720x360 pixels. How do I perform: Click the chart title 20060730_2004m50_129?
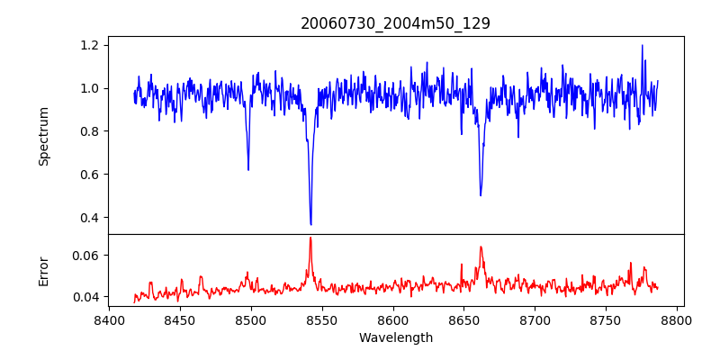coord(395,23)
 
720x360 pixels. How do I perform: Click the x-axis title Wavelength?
coord(395,338)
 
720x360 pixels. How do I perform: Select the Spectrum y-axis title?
coord(44,136)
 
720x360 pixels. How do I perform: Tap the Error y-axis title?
coord(44,271)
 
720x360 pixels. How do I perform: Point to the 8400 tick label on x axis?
coord(109,319)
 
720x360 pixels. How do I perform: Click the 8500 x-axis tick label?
coord(250,319)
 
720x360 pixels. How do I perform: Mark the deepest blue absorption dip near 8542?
coord(310,224)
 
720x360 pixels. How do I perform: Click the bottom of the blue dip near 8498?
coord(248,169)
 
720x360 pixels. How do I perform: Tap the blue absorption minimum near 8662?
coord(481,195)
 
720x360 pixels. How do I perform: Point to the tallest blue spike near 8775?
coord(643,46)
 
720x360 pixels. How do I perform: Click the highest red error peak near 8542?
coord(310,238)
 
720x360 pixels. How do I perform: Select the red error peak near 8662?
coord(481,247)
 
